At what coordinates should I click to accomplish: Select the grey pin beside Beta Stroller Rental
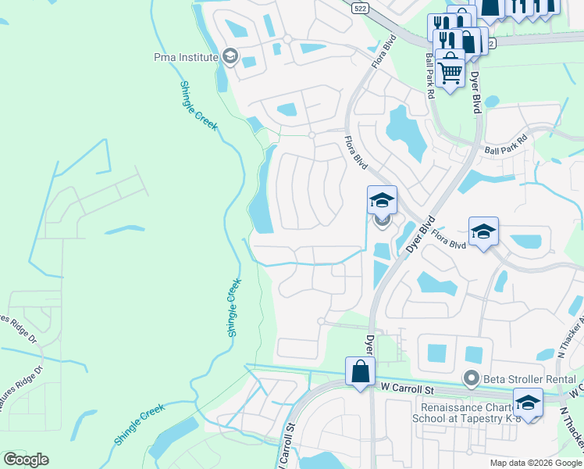pos(471,379)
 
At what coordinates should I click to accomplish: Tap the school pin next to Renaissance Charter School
pos(529,403)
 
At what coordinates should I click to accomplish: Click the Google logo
pos(26,459)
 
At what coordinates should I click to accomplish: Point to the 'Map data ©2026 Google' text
pos(536,463)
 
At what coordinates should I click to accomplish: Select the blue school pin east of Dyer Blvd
pos(483,231)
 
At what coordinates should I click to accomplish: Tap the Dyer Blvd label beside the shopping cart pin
pos(474,92)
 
